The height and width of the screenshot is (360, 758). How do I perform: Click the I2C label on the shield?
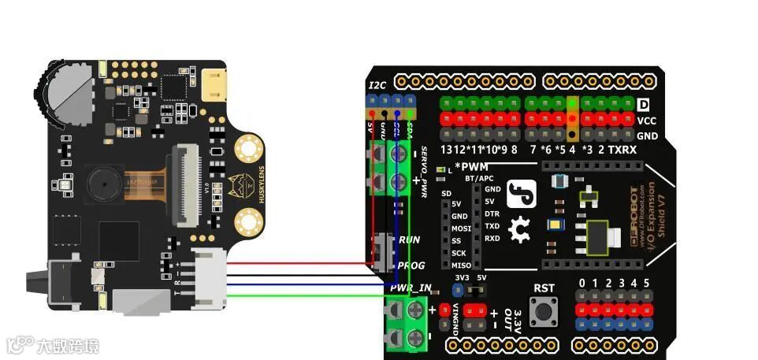tap(377, 84)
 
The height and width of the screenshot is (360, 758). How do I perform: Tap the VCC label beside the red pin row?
tap(646, 121)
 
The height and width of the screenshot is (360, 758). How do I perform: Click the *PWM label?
tap(473, 167)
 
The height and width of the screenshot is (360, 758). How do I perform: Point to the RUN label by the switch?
tap(409, 239)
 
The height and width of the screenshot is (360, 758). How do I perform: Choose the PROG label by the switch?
tap(411, 266)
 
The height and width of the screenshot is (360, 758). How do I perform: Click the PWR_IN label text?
tap(410, 288)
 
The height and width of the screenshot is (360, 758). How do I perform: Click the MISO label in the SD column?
tap(461, 266)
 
